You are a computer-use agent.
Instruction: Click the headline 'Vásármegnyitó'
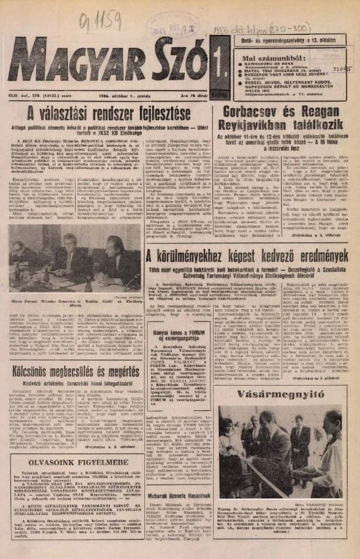click(x=283, y=395)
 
